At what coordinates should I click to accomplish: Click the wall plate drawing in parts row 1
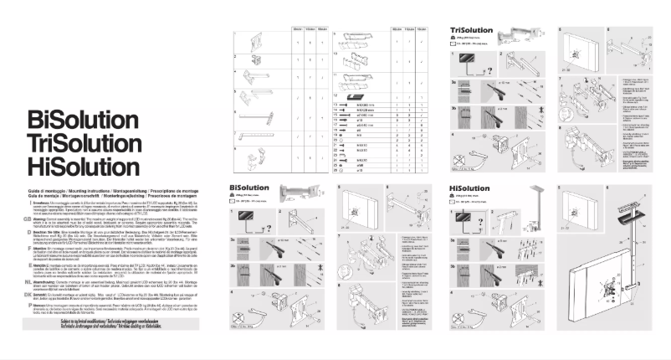pyautogui.click(x=250, y=39)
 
